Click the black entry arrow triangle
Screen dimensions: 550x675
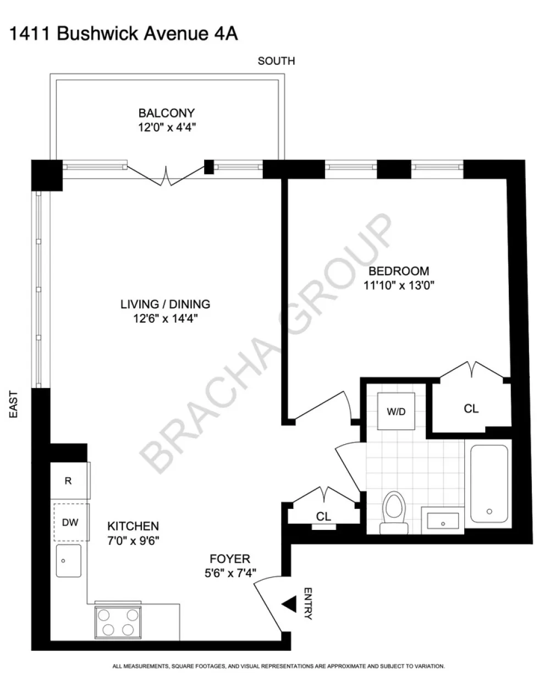pos(290,604)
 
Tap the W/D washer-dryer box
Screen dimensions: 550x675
pos(396,411)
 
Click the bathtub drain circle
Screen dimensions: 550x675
pos(489,512)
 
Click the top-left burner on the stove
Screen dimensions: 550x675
pos(103,615)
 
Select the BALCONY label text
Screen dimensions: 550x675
pos(167,113)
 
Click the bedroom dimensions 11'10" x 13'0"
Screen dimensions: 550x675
pos(399,285)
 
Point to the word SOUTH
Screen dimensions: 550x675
pos(277,61)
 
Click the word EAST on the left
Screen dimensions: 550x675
pos(13,405)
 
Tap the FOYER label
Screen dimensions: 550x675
pos(230,558)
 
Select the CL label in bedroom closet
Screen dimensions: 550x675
pos(471,409)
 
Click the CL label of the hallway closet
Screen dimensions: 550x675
pos(323,517)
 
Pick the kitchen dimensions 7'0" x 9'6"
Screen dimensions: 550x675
pos(133,541)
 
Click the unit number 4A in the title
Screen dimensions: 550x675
pos(226,34)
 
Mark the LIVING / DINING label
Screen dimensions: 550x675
pos(165,304)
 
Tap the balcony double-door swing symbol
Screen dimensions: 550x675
pos(166,175)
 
